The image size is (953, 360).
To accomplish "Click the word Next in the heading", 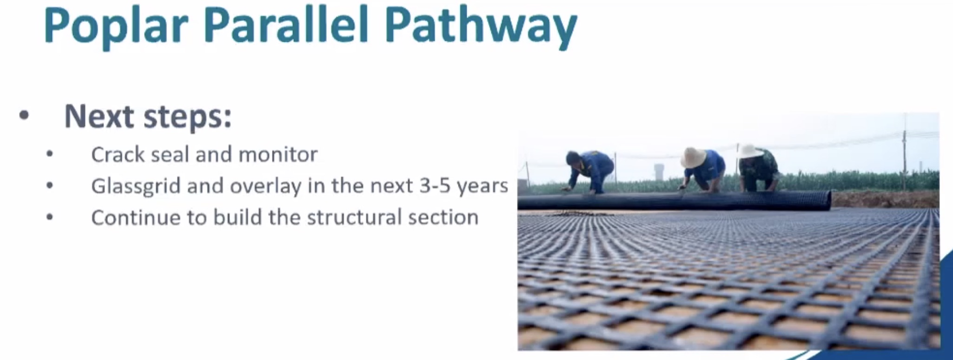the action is (x=99, y=116).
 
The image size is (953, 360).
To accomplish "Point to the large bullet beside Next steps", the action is (x=24, y=115).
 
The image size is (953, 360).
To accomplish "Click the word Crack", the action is (x=118, y=154).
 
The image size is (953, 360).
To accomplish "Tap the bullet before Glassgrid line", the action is (x=50, y=186).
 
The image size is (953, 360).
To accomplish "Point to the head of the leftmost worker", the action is (x=572, y=158).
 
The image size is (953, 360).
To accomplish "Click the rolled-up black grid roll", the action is (x=674, y=201).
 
